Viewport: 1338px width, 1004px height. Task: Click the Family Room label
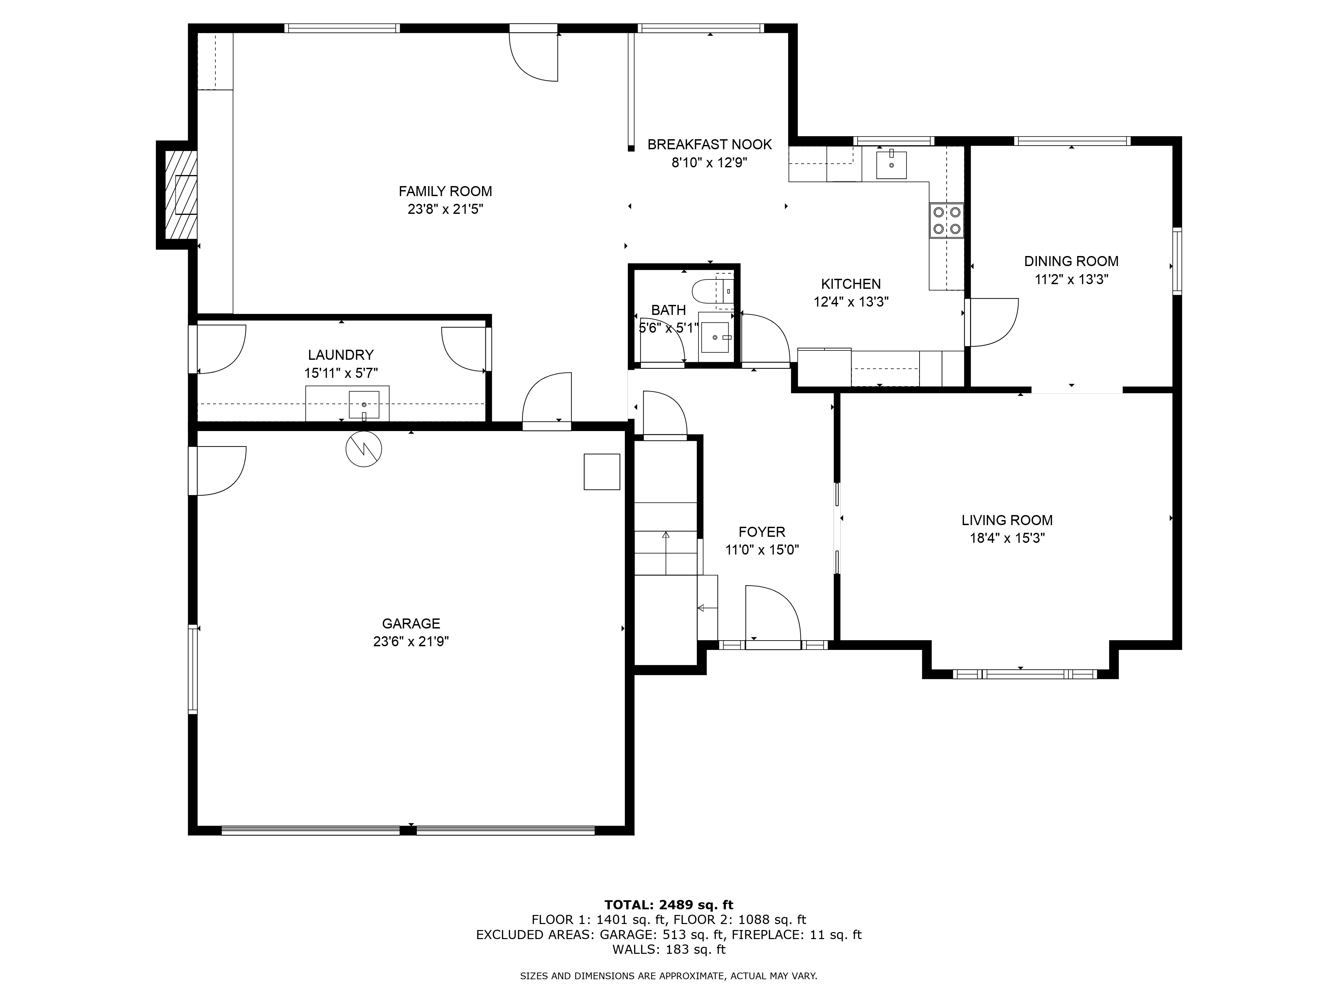pos(445,191)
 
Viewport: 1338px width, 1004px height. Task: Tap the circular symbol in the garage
pos(364,448)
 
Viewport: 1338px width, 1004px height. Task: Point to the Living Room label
pos(1007,520)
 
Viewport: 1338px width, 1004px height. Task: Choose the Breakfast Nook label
pos(709,144)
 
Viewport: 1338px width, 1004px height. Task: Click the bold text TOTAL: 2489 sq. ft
pos(668,922)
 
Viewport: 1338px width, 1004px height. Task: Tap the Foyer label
pos(762,532)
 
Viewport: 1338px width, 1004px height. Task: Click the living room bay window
pos(1024,674)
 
